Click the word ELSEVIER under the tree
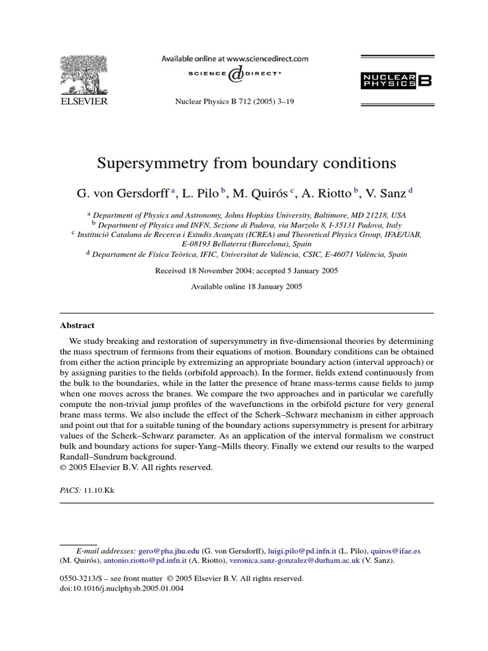[x=84, y=100]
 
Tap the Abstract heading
[x=77, y=325]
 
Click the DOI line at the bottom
[x=121, y=588]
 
